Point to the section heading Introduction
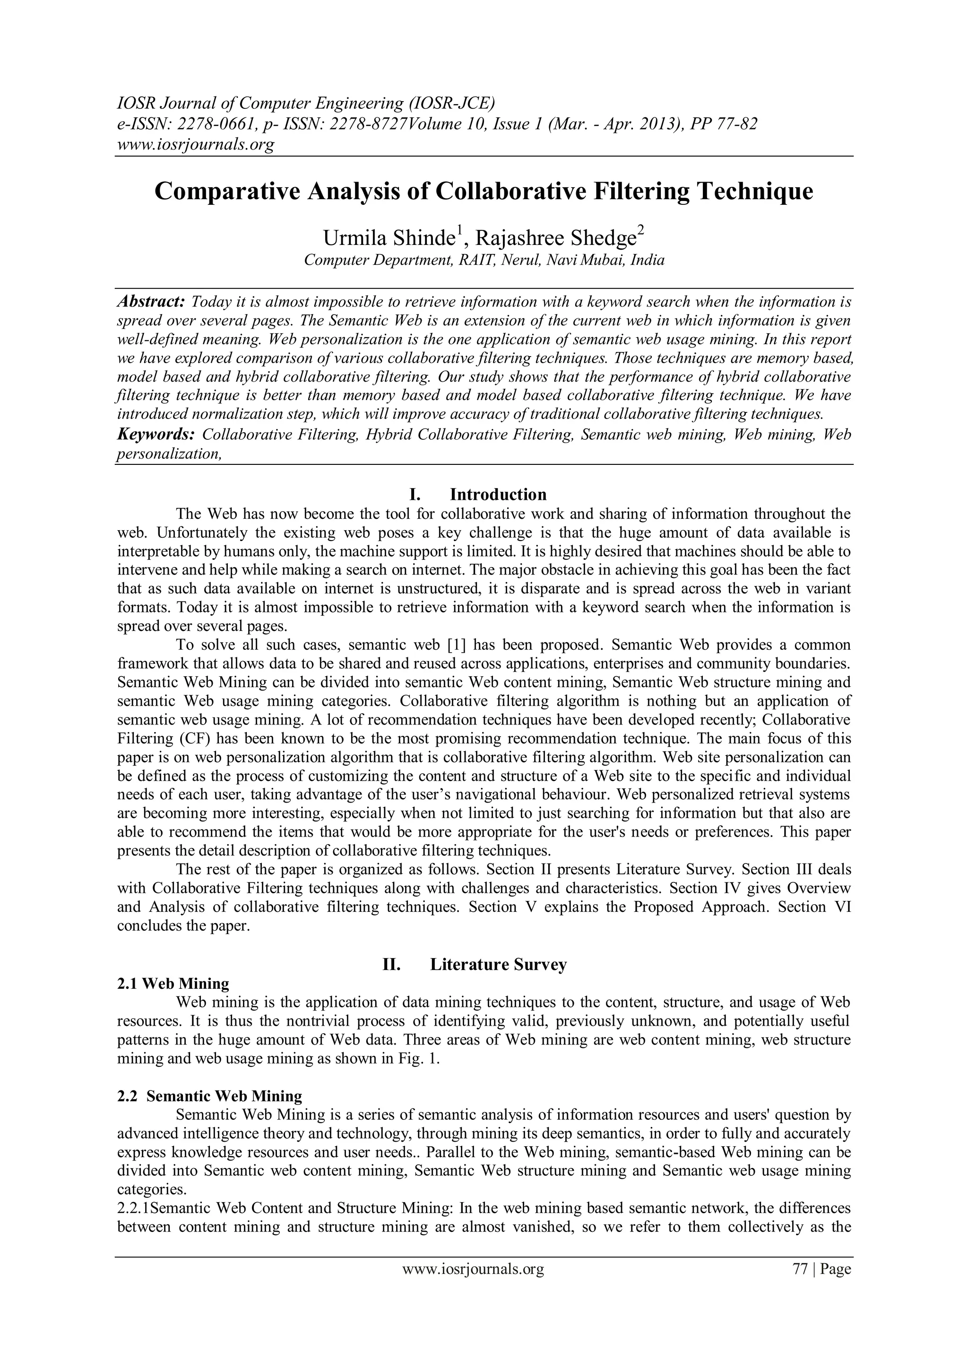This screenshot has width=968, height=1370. (498, 495)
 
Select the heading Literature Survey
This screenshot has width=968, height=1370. (498, 965)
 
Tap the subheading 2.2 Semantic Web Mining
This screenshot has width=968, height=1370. (209, 1096)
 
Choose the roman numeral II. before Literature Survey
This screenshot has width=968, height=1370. (391, 965)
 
